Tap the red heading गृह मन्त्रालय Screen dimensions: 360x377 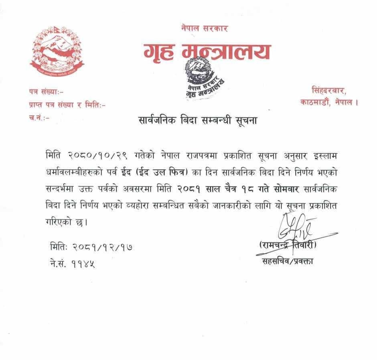[x=207, y=51]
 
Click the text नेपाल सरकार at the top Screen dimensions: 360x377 [x=205, y=28]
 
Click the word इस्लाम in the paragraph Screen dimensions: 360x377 [x=323, y=155]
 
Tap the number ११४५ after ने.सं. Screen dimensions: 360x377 [x=83, y=264]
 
